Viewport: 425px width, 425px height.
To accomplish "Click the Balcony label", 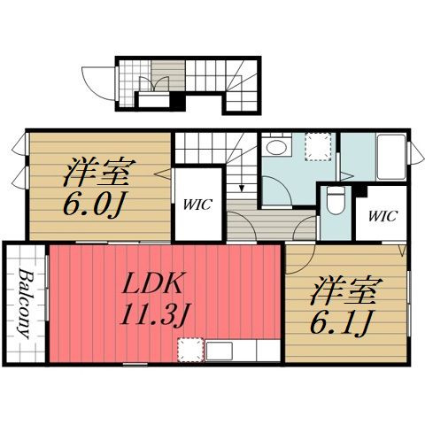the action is tap(25, 304).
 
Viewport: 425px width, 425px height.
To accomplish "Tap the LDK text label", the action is tap(152, 282).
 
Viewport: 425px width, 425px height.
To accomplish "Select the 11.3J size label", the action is tap(156, 314).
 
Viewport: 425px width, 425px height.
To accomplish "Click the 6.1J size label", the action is tap(341, 322).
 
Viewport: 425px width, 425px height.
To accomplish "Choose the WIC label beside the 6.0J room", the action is tap(197, 205).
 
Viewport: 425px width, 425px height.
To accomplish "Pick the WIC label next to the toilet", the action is tap(382, 216).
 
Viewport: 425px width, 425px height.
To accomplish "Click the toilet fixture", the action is tap(336, 202).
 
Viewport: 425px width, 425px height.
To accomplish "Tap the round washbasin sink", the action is tap(277, 147).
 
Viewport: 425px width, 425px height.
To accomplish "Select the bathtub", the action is tap(391, 157).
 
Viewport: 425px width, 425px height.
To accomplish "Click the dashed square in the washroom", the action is tap(318, 147).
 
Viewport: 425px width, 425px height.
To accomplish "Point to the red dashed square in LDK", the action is tap(190, 350).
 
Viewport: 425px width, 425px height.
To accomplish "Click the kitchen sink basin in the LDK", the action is tap(219, 351).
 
